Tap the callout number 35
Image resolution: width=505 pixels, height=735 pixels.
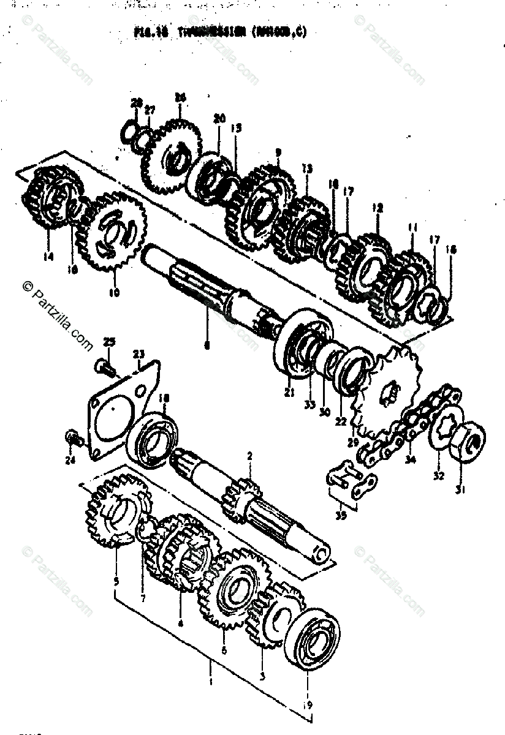pyautogui.click(x=341, y=515)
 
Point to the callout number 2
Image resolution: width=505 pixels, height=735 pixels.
pyautogui.click(x=250, y=456)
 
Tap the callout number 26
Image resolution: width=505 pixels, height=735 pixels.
pyautogui.click(x=180, y=97)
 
